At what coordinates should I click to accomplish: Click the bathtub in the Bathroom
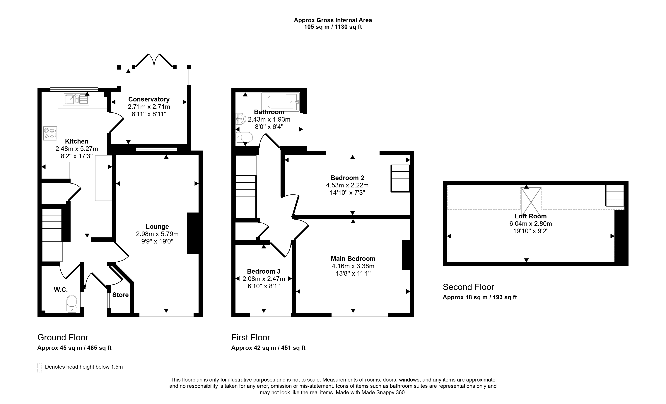281,102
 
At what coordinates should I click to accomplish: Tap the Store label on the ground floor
121,295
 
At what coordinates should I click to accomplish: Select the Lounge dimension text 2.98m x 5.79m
157,234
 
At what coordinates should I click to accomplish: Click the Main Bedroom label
353,259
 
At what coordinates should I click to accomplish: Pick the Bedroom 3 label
264,271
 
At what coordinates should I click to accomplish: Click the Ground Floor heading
63,338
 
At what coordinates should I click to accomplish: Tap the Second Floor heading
468,287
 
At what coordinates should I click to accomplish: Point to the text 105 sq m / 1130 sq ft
333,27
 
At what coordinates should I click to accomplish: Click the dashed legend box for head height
39,368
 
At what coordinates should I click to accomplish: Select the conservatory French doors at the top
154,60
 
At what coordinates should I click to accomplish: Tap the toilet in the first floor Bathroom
244,137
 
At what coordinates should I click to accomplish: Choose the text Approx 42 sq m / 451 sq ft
268,348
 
